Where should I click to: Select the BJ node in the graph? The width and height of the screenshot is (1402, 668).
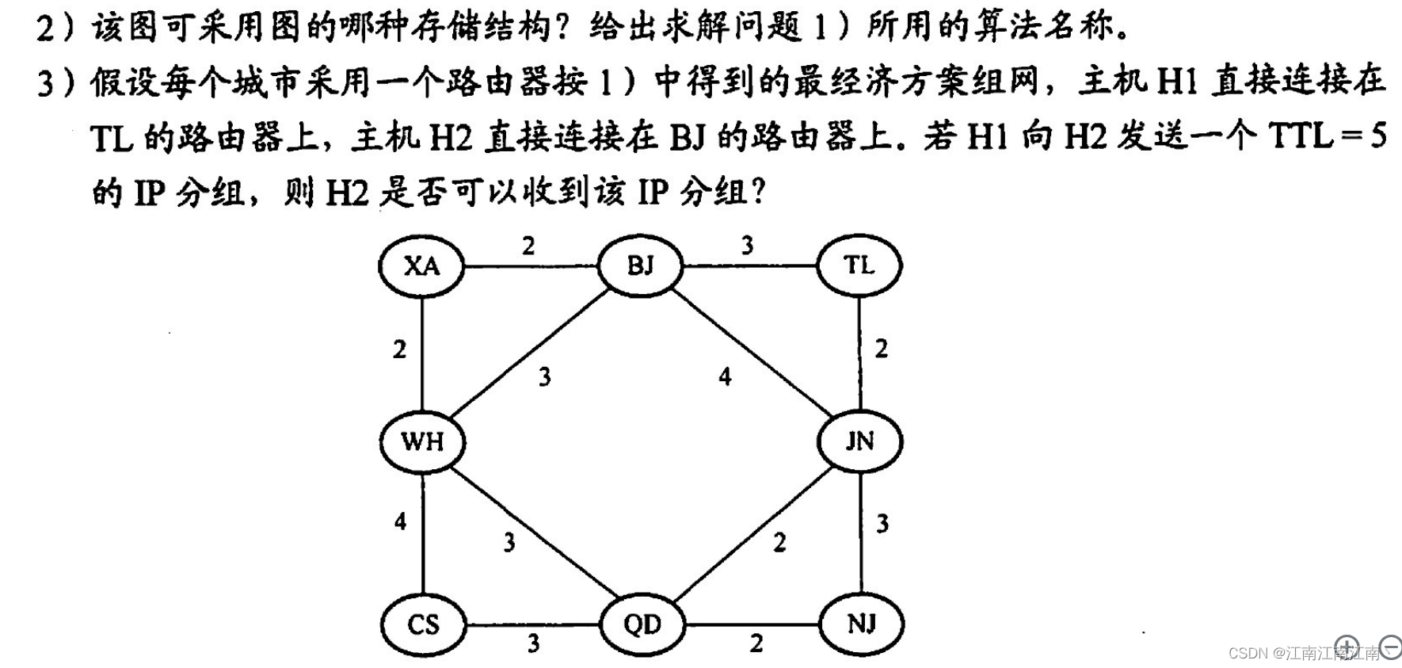(640, 265)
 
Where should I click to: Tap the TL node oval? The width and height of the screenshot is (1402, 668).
(859, 265)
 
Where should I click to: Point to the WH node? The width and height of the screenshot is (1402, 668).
(422, 441)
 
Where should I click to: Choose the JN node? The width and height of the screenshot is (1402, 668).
(859, 441)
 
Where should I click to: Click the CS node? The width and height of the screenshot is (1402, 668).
(423, 624)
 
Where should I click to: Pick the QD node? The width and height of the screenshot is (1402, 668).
(642, 624)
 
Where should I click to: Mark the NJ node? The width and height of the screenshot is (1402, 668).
(861, 624)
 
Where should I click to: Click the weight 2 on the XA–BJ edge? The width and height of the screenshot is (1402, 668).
(528, 246)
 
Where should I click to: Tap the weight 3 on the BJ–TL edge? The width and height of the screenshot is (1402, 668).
(747, 246)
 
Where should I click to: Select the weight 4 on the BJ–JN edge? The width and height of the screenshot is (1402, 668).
(725, 377)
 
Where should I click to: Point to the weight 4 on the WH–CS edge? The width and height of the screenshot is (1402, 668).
(400, 521)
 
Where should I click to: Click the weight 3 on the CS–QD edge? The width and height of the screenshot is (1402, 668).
(534, 643)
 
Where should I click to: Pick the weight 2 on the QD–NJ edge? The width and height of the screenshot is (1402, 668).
(756, 643)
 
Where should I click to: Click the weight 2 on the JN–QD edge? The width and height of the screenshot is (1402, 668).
(779, 543)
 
